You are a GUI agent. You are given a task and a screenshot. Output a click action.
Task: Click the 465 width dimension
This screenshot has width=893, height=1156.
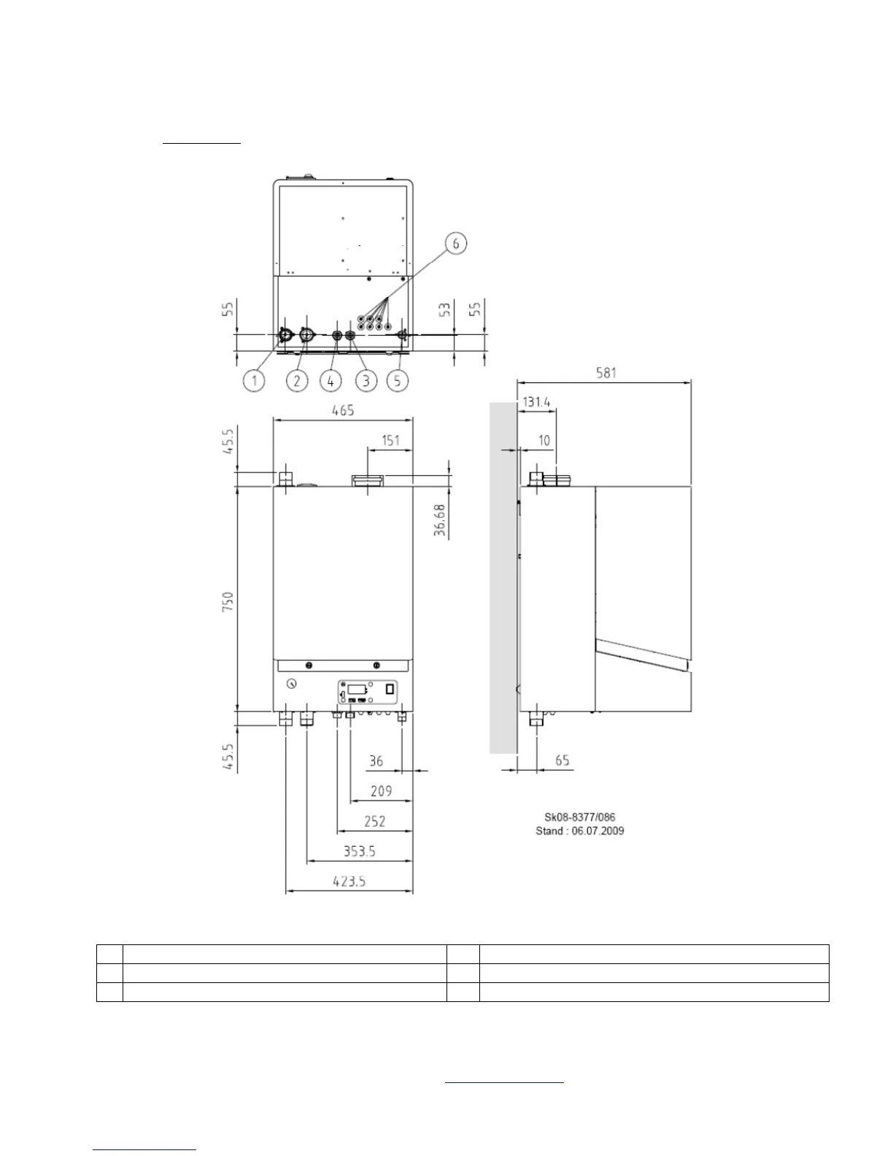[x=343, y=410]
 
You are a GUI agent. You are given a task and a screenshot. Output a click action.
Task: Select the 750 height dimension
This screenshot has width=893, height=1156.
[x=228, y=601]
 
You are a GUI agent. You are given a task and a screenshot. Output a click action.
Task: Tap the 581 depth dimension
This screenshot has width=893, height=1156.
[x=606, y=373]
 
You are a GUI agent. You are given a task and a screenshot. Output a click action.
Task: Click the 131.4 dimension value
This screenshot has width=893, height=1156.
[x=536, y=402]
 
